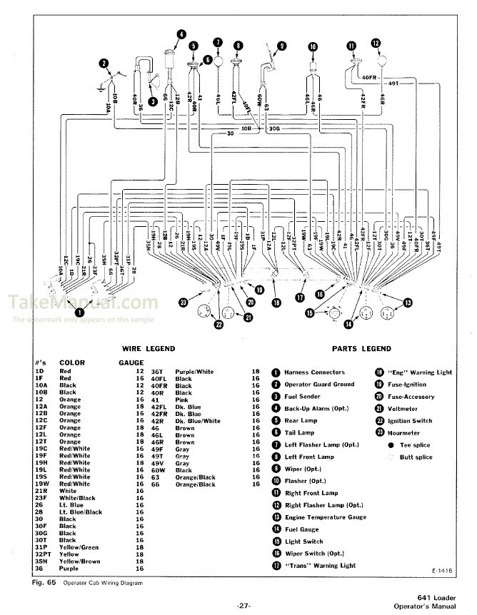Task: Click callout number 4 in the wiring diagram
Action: [181, 34]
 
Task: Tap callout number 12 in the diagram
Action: [376, 43]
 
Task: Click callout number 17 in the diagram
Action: [301, 298]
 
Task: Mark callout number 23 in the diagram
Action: [184, 303]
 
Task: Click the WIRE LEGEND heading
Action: [149, 349]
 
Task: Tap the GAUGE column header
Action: [131, 362]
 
